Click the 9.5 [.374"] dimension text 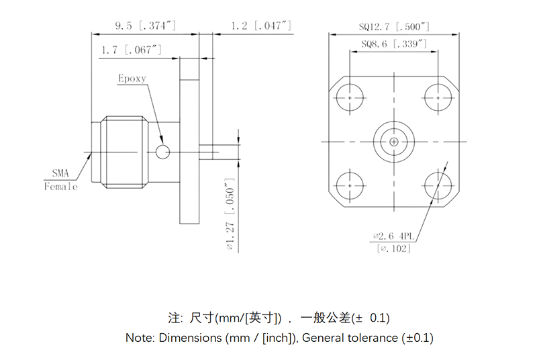pyautogui.click(x=145, y=26)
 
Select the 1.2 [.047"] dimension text pyautogui.click(x=260, y=26)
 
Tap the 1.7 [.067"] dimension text pyautogui.click(x=132, y=50)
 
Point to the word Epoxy pyautogui.click(x=132, y=79)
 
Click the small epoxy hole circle pyautogui.click(x=162, y=152)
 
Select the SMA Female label pyautogui.click(x=61, y=179)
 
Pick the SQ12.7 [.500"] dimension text pyautogui.click(x=394, y=27)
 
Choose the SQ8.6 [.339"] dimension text pyautogui.click(x=394, y=44)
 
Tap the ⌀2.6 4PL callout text pyautogui.click(x=394, y=236)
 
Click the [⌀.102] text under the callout pyautogui.click(x=394, y=249)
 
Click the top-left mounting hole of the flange pyautogui.click(x=350, y=97)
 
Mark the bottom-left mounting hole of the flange pyautogui.click(x=350, y=185)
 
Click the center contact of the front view pyautogui.click(x=394, y=142)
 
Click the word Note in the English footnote pyautogui.click(x=140, y=338)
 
